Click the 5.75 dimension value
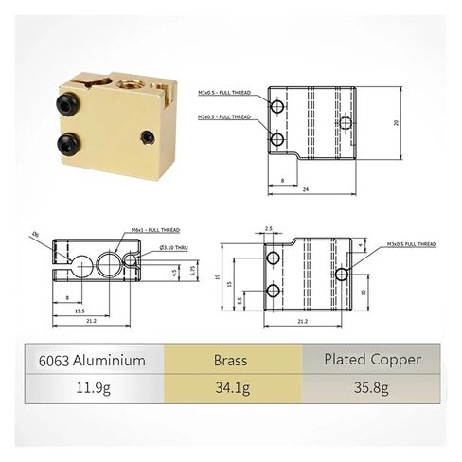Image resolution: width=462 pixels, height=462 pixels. coord(194,272)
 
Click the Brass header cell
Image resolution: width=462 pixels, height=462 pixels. coord(231,360)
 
